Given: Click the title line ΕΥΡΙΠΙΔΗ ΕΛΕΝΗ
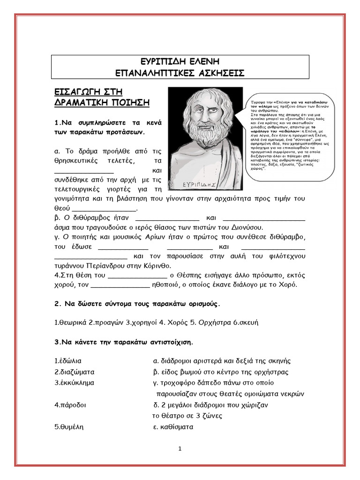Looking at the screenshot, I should coord(180,62).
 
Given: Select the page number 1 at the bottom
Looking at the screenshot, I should coord(180,449).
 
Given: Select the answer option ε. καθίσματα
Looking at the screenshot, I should coord(173,427).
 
